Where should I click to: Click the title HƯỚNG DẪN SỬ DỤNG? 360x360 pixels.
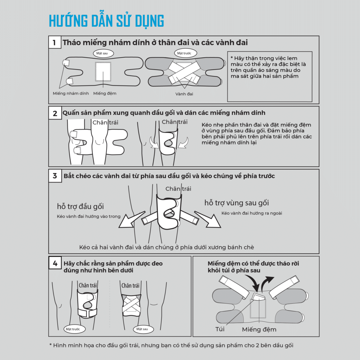[x=106, y=21]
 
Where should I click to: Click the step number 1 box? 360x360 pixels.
[x=54, y=42]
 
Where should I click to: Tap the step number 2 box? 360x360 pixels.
[x=55, y=113]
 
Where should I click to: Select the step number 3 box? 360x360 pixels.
[x=55, y=176]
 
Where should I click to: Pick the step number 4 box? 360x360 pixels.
[x=55, y=263]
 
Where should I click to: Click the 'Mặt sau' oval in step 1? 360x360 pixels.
[x=103, y=53]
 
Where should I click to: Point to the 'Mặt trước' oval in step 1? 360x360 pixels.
[x=186, y=53]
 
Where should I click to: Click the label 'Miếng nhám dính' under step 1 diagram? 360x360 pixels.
[x=71, y=94]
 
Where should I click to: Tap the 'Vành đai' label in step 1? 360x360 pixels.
[x=184, y=94]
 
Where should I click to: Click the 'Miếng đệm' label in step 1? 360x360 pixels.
[x=105, y=94]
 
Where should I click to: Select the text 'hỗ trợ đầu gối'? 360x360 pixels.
[x=81, y=206]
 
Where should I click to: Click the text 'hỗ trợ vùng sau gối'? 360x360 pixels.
[x=237, y=203]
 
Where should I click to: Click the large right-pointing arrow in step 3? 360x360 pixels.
[x=208, y=219]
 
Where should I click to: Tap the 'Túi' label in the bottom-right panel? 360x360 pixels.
[x=220, y=329]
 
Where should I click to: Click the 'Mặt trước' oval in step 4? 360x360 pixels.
[x=75, y=329]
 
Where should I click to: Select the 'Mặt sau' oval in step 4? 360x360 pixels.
[x=143, y=329]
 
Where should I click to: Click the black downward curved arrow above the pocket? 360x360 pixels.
[x=254, y=283]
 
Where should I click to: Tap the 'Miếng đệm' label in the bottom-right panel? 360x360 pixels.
[x=259, y=329]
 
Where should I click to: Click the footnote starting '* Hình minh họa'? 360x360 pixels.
[x=171, y=345]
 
